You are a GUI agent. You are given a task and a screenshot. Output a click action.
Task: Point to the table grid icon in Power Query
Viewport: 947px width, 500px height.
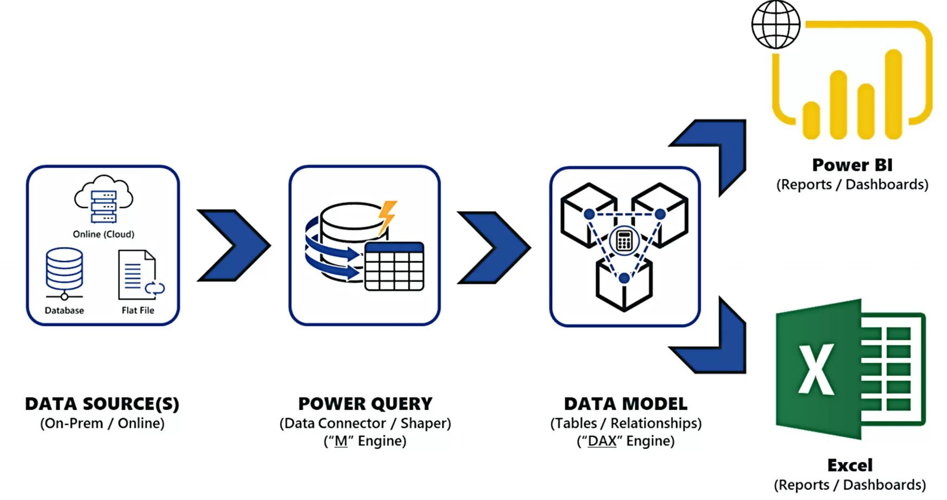point(394,267)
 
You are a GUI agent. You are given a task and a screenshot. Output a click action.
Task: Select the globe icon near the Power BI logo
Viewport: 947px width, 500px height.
point(775,24)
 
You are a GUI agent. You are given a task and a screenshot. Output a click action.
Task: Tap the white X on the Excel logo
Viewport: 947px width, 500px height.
point(816,369)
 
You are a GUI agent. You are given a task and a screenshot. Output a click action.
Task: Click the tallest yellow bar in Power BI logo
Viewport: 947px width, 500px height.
point(893,95)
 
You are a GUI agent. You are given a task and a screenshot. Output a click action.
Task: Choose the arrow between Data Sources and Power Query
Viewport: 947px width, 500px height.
point(233,245)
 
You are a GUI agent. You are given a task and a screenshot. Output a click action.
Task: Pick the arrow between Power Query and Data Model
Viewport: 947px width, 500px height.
point(493,248)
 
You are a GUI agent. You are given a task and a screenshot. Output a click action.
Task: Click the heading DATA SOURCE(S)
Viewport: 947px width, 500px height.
point(102,404)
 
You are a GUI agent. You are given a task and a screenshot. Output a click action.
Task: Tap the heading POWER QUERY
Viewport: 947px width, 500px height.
point(365,404)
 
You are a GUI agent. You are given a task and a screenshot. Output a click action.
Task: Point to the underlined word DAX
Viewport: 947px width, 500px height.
point(602,441)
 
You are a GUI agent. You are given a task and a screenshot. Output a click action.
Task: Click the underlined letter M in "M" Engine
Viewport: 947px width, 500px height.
point(340,441)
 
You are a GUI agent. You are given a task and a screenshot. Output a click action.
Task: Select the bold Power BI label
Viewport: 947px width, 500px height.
point(851,165)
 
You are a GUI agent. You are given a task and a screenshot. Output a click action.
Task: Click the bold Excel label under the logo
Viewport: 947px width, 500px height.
point(850,465)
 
